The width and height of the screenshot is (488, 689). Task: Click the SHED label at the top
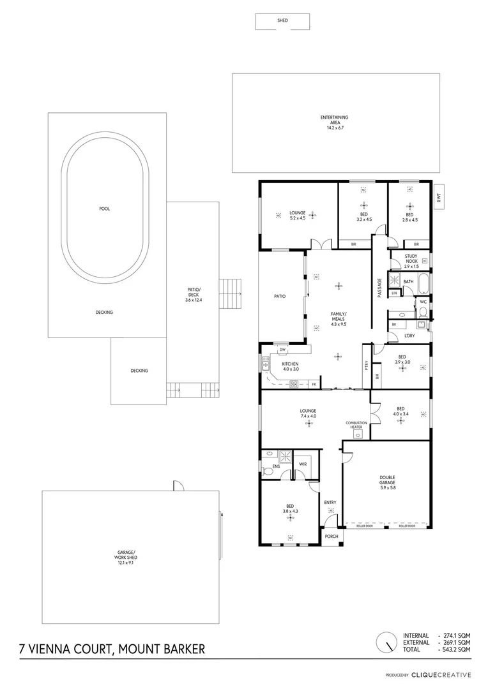[282, 21]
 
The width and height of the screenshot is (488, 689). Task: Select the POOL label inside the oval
[104, 209]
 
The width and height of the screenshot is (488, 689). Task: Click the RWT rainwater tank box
[439, 198]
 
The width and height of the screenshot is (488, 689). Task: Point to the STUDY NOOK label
[406, 258]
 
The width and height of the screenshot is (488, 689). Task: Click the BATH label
[408, 281]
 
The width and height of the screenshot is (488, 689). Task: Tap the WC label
[423, 302]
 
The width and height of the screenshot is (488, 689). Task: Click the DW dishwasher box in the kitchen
[282, 350]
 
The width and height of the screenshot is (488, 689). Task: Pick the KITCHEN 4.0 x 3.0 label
[291, 366]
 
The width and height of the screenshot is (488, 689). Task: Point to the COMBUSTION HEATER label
[356, 425]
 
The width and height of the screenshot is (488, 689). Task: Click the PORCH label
[331, 536]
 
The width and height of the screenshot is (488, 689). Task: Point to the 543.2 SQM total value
[457, 649]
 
